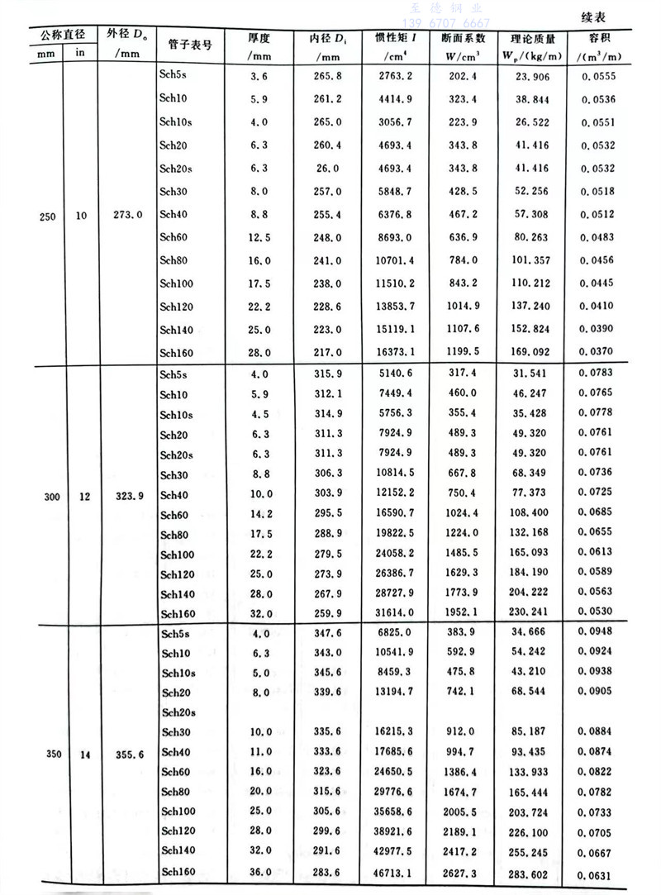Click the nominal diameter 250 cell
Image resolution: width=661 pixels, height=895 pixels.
pyautogui.click(x=48, y=214)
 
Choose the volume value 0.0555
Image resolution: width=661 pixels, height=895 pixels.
pyautogui.click(x=601, y=76)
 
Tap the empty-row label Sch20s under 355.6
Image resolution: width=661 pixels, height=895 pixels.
pyautogui.click(x=178, y=712)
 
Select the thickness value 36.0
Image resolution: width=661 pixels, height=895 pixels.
pyautogui.click(x=259, y=872)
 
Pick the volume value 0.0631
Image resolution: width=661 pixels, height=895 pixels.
pyautogui.click(x=601, y=872)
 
